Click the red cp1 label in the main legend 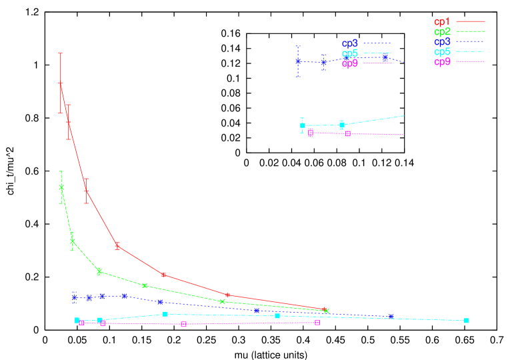coord(443,22)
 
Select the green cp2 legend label coord(443,31)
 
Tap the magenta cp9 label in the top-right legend coord(443,62)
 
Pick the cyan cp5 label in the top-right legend coord(443,52)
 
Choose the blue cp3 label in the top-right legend coord(443,42)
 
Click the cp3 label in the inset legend coord(350,43)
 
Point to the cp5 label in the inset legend coord(350,53)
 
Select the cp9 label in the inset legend coord(350,63)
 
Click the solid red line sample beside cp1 coord(471,22)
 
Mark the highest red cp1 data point coord(61,84)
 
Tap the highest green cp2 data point coord(61,187)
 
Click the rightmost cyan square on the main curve coord(466,321)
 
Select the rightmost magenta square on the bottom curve coord(317,322)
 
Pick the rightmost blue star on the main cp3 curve coord(391,316)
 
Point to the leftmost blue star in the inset coord(298,61)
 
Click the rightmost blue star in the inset coord(385,57)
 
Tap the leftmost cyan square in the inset coord(303,125)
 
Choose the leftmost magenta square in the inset coord(311,133)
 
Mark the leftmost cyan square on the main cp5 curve coord(77,320)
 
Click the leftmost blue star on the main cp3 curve coord(75,297)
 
